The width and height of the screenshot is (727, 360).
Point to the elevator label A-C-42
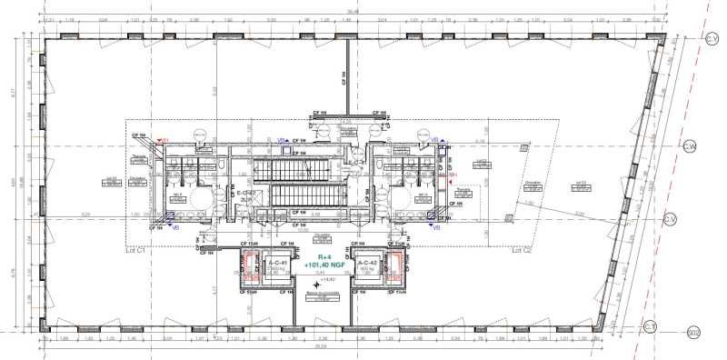pyautogui.click(x=367, y=262)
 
